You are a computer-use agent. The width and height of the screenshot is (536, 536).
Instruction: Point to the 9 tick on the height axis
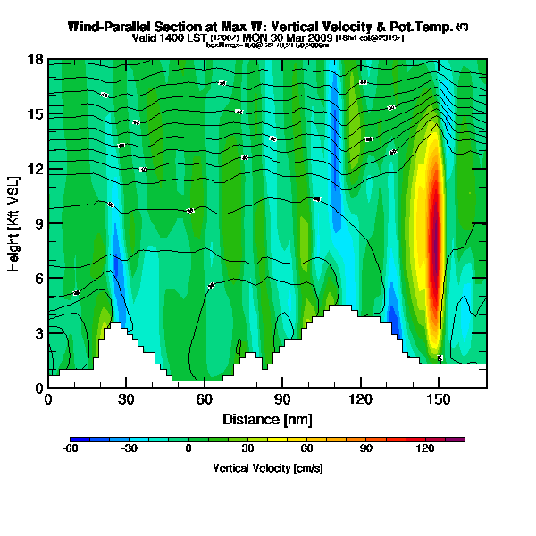tap(38, 224)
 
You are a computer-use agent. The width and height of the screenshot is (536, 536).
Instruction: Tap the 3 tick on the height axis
tap(38, 334)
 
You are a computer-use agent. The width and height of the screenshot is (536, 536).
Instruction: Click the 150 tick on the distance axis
tap(439, 398)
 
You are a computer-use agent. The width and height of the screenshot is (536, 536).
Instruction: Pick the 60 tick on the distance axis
tap(205, 398)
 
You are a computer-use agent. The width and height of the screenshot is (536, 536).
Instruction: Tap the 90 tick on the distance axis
tap(282, 398)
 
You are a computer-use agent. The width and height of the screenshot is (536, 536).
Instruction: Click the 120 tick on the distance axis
tap(361, 398)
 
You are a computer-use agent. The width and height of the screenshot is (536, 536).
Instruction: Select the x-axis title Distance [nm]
tap(267, 418)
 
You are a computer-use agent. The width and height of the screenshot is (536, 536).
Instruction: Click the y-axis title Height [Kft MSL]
tap(15, 224)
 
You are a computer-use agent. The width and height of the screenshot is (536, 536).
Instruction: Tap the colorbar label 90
tap(366, 448)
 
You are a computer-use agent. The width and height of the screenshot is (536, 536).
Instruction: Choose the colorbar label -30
tap(129, 448)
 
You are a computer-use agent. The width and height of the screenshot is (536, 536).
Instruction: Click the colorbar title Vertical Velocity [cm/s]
tap(267, 468)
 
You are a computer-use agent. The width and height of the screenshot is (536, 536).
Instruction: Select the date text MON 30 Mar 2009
tap(294, 38)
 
